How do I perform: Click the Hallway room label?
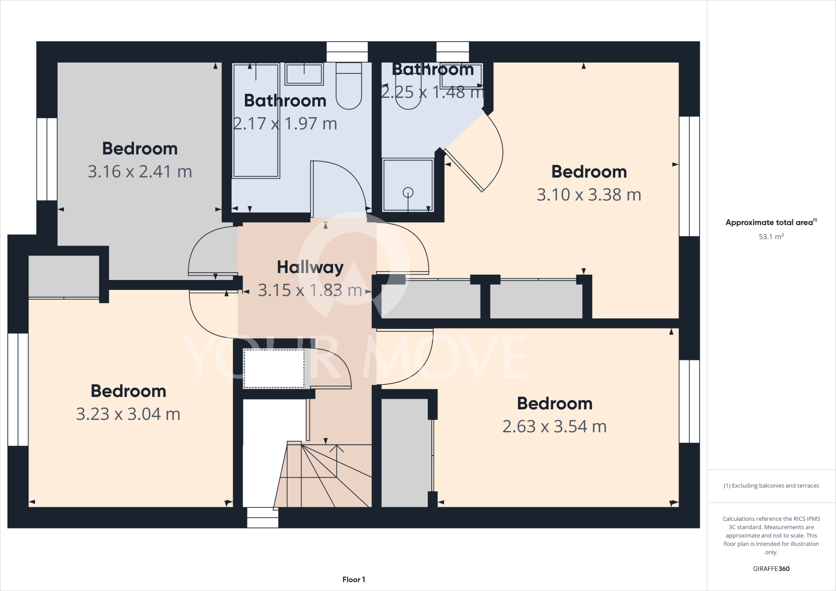310,268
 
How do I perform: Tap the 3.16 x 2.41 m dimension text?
140,172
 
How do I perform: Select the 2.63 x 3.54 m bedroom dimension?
554,427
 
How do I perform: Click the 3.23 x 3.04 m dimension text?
128,415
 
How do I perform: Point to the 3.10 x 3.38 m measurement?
589,195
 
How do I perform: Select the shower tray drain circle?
408,192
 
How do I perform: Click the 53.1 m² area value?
771,237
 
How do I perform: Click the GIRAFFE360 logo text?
771,569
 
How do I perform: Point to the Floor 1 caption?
354,580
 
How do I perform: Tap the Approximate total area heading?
770,223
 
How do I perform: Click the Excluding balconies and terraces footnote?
771,486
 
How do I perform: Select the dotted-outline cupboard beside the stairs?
274,369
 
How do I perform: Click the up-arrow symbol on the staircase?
336,449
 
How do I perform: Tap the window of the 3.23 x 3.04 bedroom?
18,389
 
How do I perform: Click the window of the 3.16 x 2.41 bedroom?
47,159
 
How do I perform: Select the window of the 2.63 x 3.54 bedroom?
689,401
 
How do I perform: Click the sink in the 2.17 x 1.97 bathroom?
304,74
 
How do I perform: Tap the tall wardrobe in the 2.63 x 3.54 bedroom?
405,453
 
